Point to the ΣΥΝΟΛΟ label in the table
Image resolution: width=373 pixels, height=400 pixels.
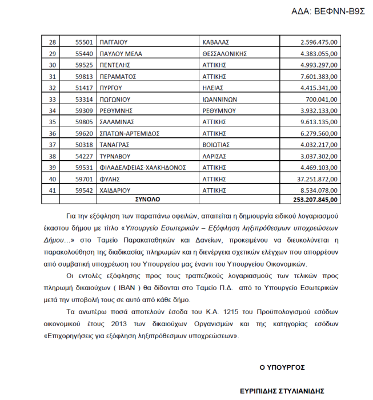pyautogui.click(x=147, y=200)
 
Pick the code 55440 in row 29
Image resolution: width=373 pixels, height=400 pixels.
pyautogui.click(x=84, y=53)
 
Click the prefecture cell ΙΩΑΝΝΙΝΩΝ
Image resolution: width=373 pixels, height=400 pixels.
pyautogui.click(x=220, y=98)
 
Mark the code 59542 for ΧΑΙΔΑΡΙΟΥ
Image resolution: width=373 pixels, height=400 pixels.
pyautogui.click(x=84, y=189)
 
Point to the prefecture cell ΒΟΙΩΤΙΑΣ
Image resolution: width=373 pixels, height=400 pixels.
pyautogui.click(x=218, y=144)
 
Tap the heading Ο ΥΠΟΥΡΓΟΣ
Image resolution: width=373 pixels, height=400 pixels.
pyautogui.click(x=282, y=367)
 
